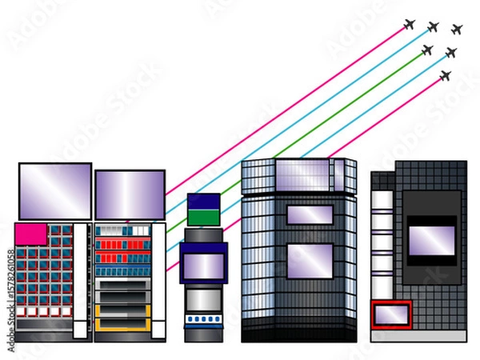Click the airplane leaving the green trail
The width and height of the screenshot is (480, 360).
coord(427,50)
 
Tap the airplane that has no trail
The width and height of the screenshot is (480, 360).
coord(457,30)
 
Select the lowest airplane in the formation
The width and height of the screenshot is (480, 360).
coord(446,76)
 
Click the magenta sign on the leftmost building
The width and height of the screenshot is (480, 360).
coord(31,234)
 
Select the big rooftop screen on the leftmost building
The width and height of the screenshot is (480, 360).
coord(55,190)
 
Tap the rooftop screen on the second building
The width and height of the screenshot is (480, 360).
coord(130,194)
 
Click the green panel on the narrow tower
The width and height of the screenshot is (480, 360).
coord(203,217)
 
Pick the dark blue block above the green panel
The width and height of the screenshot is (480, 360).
coord(203,201)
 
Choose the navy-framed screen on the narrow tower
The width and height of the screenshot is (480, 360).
coord(203,264)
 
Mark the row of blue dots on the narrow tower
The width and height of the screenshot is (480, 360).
coord(203,319)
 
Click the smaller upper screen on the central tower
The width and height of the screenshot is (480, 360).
coord(310,214)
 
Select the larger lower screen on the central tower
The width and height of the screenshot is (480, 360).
coord(310,261)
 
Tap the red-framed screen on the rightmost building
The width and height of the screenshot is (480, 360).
coord(391,314)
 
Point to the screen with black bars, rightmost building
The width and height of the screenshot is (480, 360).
coord(431,238)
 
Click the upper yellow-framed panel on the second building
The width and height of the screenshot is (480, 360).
coord(123,310)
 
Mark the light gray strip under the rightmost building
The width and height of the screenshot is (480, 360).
coord(418,336)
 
